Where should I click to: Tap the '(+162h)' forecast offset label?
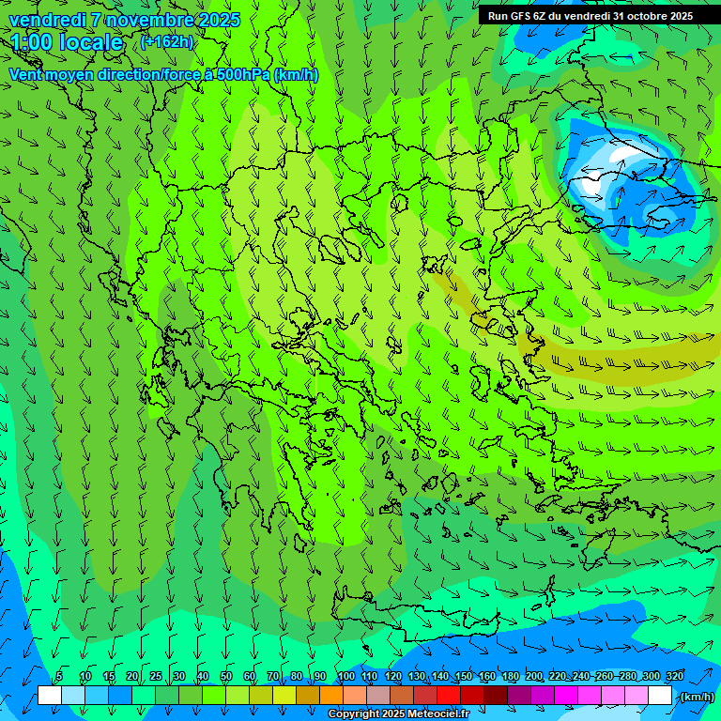(166, 42)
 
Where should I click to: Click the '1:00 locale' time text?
(68, 42)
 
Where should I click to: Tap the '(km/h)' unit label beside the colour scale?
(696, 697)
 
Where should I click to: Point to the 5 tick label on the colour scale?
(59, 677)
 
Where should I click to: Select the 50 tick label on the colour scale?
(225, 677)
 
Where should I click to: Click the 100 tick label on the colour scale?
(346, 677)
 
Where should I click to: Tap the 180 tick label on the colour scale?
(511, 677)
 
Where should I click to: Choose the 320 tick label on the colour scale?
(675, 677)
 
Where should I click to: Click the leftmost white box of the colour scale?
(49, 696)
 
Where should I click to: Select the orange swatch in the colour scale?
(330, 696)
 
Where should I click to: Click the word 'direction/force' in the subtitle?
(155, 75)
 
